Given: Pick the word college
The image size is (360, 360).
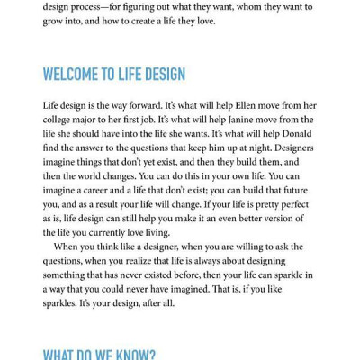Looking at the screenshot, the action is click(60, 120).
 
